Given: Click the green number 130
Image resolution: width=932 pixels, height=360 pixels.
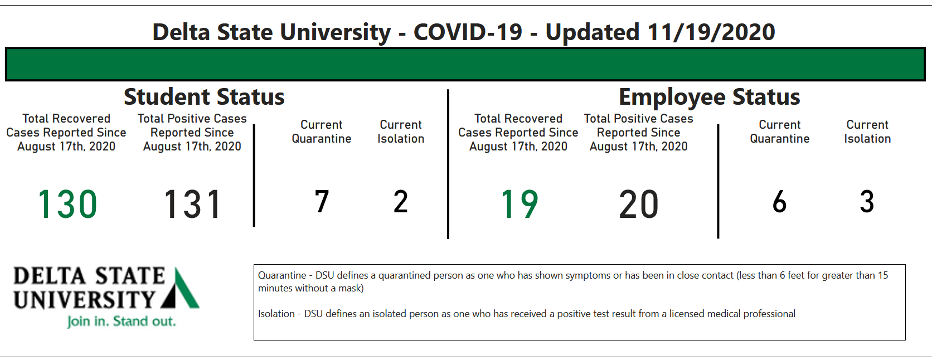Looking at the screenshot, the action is (x=67, y=204).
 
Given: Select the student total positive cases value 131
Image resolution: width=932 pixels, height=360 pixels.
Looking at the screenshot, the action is (x=192, y=204).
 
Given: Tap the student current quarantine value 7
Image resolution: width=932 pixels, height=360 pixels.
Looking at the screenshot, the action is (x=322, y=201).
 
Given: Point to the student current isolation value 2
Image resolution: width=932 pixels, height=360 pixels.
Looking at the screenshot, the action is (x=401, y=201).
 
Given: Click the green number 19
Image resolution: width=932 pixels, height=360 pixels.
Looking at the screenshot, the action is (x=520, y=204).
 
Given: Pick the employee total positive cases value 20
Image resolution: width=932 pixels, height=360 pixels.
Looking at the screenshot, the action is (x=639, y=204).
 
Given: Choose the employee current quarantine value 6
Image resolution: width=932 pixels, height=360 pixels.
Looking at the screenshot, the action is (x=780, y=201).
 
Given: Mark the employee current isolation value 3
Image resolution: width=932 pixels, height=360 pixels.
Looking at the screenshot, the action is (x=867, y=201).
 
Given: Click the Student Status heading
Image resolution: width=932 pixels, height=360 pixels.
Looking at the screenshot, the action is (x=204, y=96).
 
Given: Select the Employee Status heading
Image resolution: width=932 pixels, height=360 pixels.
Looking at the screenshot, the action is (x=710, y=98).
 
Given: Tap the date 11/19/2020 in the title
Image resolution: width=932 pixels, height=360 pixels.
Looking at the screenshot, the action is (x=711, y=32).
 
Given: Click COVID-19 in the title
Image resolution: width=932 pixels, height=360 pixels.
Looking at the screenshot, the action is (x=468, y=32).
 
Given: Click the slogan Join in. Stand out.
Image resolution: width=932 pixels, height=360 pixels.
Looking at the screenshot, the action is (x=122, y=322).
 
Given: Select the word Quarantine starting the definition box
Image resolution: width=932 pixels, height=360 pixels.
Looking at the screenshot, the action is (x=282, y=275).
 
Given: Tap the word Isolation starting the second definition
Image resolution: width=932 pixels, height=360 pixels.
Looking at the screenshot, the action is (x=276, y=314).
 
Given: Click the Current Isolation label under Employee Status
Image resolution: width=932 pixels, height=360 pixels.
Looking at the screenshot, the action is (x=867, y=132).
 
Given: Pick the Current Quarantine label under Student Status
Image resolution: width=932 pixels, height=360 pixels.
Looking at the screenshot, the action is (x=322, y=132).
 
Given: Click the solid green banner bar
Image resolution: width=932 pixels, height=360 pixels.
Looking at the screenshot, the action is (x=465, y=64).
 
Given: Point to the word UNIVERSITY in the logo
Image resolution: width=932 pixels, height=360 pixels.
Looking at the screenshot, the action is (x=85, y=300).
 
